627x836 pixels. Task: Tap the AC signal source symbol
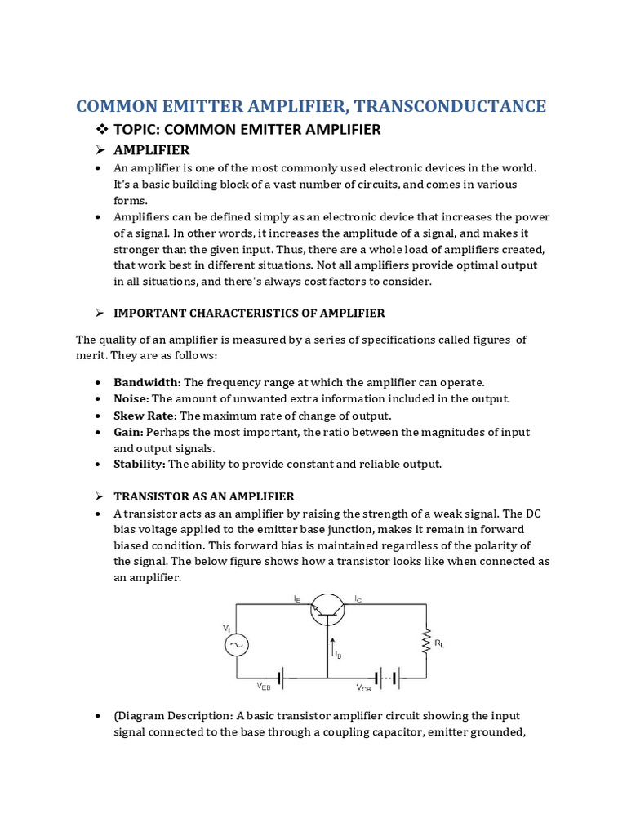click(237, 644)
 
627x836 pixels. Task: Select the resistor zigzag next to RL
click(426, 642)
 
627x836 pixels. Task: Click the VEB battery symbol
click(280, 678)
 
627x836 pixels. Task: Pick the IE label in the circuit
click(297, 598)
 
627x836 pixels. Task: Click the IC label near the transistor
click(358, 598)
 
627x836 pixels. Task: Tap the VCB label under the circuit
click(363, 687)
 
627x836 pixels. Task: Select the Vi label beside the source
click(226, 628)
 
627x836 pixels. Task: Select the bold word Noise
click(131, 398)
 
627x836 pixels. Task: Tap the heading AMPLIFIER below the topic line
click(151, 150)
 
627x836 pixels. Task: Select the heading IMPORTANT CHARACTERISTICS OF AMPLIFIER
click(249, 313)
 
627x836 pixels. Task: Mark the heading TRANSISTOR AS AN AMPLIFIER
click(204, 496)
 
